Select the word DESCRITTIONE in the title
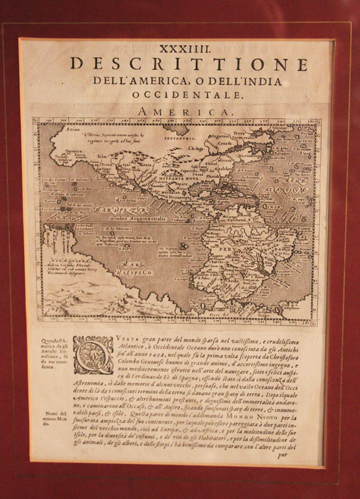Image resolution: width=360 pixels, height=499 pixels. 189,64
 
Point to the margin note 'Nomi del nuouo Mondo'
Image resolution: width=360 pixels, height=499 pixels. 54,419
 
